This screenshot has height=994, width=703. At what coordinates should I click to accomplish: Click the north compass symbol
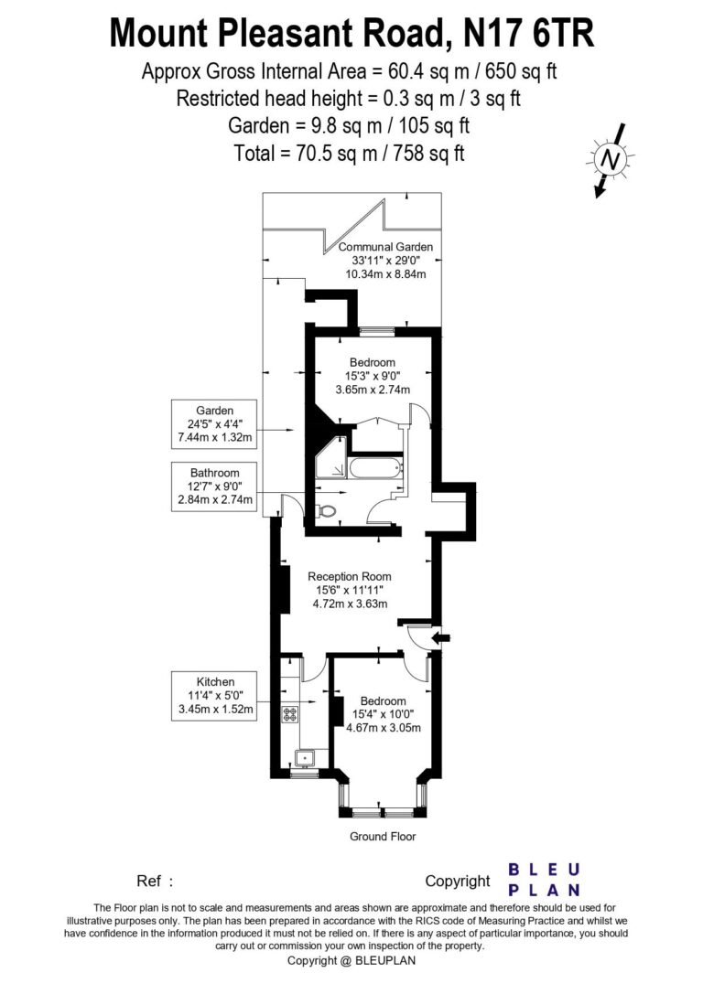[608, 159]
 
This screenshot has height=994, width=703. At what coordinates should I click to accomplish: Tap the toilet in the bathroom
[329, 510]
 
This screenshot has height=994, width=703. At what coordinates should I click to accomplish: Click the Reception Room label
[350, 576]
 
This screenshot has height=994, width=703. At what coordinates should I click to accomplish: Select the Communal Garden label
[385, 247]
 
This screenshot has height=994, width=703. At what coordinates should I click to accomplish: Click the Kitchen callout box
[216, 695]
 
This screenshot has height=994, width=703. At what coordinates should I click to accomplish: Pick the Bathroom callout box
[216, 486]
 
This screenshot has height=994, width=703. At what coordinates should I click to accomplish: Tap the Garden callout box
[216, 424]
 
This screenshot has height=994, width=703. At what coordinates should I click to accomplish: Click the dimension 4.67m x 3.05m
[384, 728]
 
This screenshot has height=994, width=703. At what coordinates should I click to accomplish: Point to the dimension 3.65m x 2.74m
[373, 390]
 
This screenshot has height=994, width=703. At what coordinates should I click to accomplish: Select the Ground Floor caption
[383, 837]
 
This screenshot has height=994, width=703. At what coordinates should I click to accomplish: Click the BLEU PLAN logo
[544, 879]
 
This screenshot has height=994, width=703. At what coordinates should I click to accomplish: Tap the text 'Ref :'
[155, 882]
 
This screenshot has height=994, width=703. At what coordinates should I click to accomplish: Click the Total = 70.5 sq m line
[349, 154]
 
